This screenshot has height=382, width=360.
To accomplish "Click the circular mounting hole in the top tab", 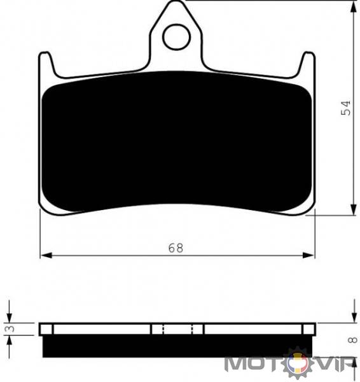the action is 176,38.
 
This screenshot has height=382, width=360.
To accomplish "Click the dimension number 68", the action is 176,248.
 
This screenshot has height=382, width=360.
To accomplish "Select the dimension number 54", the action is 345,108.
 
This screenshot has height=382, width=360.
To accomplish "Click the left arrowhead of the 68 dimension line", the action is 46,255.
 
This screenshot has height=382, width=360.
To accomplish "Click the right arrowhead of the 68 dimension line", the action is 308,255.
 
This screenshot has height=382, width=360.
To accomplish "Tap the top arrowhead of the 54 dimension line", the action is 353,8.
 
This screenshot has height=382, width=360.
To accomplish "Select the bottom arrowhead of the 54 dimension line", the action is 353,209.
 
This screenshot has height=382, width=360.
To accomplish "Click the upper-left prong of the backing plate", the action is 46,64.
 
